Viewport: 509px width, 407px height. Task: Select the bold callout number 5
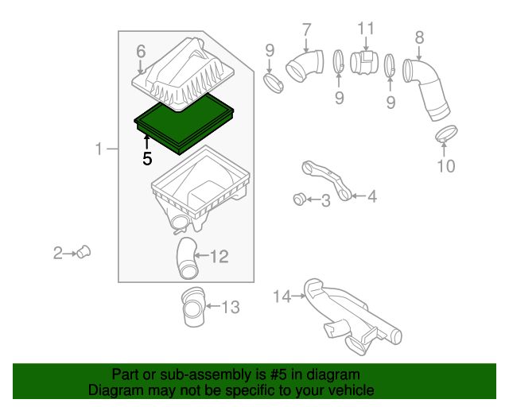pyautogui.click(x=147, y=159)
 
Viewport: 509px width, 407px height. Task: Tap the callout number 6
pyautogui.click(x=141, y=52)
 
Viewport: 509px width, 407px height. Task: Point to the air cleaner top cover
pyautogui.click(x=184, y=74)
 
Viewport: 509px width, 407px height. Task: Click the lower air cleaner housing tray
pyautogui.click(x=200, y=190)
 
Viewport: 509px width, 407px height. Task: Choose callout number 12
pyautogui.click(x=220, y=257)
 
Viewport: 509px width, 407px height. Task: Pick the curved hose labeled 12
pyautogui.click(x=187, y=258)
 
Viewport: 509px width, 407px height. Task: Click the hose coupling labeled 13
pyautogui.click(x=193, y=307)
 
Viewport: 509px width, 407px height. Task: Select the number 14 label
pyautogui.click(x=282, y=297)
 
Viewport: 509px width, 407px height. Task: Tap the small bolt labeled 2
pyautogui.click(x=84, y=252)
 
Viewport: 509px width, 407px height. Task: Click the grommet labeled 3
pyautogui.click(x=299, y=199)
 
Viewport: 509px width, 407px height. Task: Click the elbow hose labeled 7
pyautogui.click(x=305, y=66)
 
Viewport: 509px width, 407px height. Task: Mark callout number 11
pyautogui.click(x=366, y=29)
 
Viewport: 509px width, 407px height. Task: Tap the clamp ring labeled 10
pyautogui.click(x=446, y=134)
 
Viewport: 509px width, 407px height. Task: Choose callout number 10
pyautogui.click(x=446, y=166)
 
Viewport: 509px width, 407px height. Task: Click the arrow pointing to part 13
pyautogui.click(x=212, y=306)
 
